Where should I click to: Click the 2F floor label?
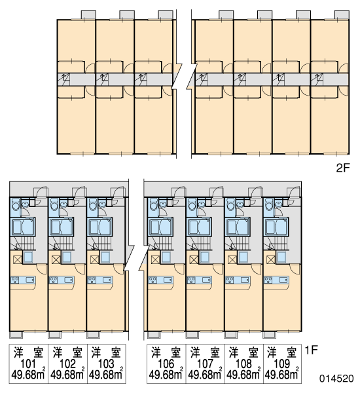tap(342, 168)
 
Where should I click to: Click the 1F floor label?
tap(311, 350)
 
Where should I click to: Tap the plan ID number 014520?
tap(336, 378)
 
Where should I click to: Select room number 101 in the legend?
tap(28, 364)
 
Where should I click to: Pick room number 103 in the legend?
tap(106, 364)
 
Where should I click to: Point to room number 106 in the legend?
tap(166, 364)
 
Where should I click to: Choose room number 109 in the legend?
tap(282, 364)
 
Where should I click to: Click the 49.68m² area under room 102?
tap(67, 374)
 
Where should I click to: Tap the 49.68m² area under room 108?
tap(243, 374)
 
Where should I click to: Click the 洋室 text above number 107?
tap(205, 352)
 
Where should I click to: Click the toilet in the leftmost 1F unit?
tap(16, 204)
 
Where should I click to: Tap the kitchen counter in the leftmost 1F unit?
tap(22, 280)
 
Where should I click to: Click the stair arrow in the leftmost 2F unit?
tap(64, 77)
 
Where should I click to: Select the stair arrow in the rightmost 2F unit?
tap(317, 77)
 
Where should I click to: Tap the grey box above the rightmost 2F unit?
tap(342, 14)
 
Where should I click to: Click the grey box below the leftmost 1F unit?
tap(16, 335)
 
